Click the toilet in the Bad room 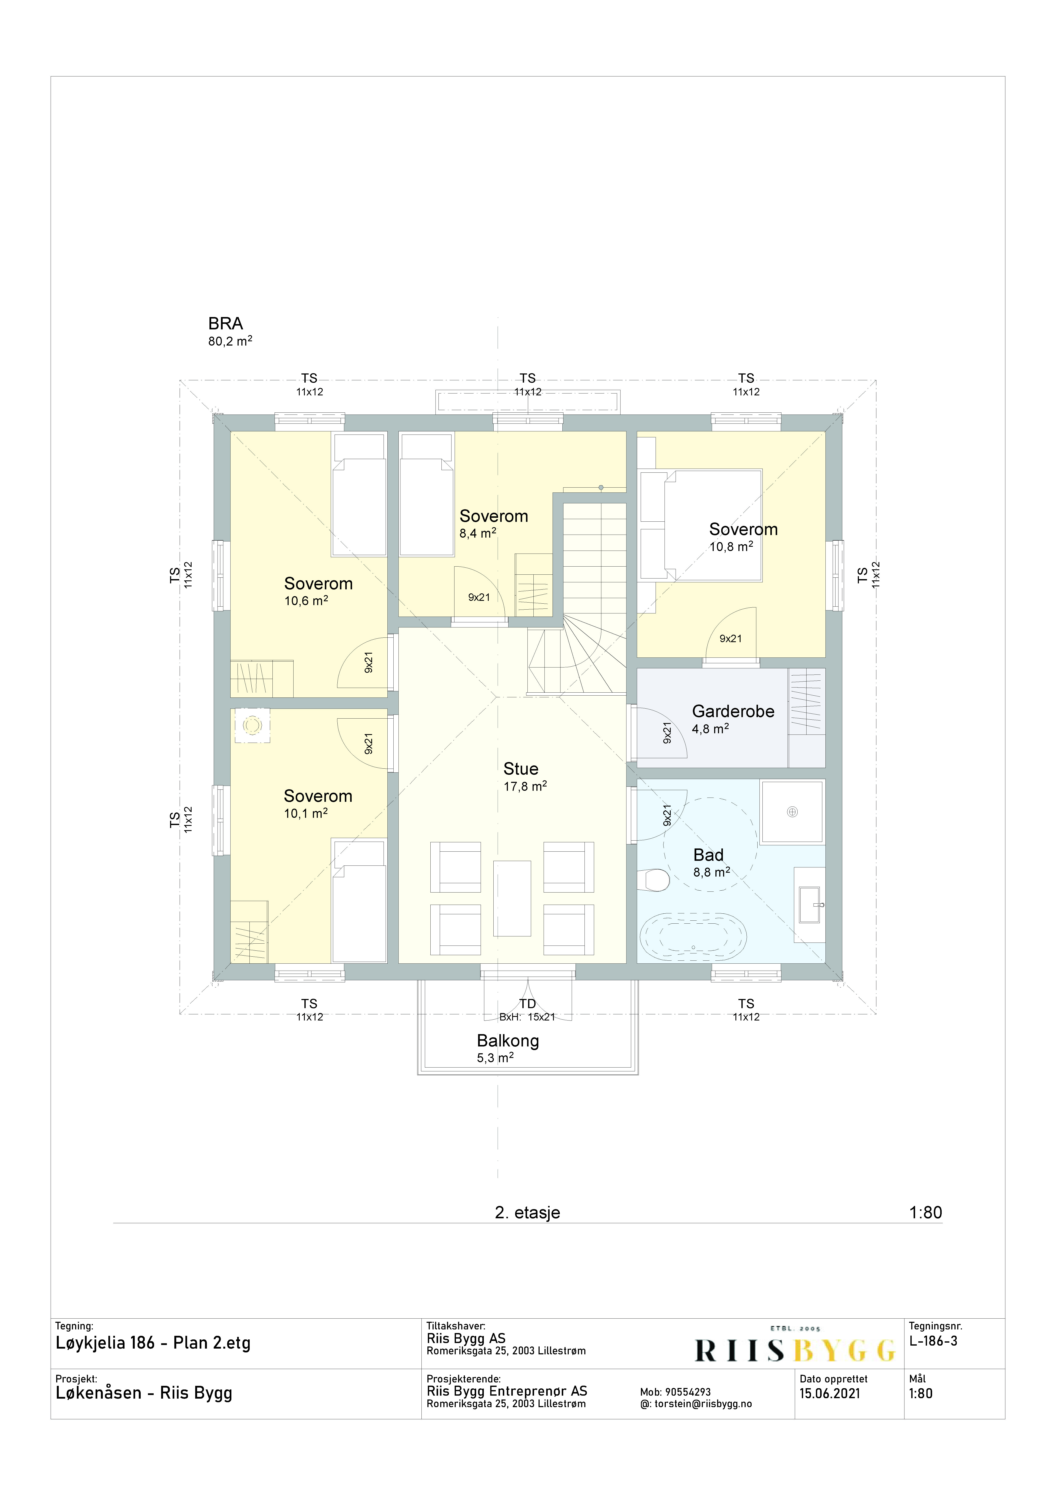tap(654, 880)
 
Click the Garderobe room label tap(733, 711)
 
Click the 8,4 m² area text tap(478, 533)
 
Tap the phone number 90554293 tap(688, 1392)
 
